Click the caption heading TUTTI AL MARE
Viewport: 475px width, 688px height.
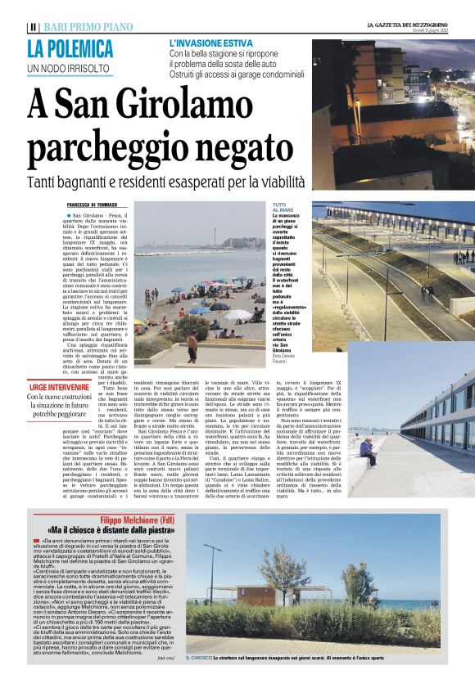281,208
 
